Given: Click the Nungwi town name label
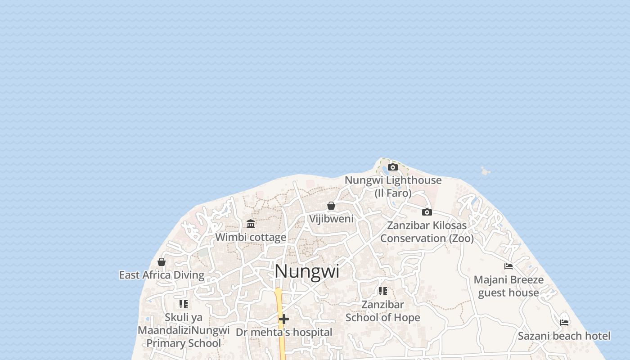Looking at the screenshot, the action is pyautogui.click(x=307, y=271).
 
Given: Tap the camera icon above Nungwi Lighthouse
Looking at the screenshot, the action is pyautogui.click(x=393, y=167).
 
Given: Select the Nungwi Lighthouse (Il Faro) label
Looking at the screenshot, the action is pyautogui.click(x=393, y=186).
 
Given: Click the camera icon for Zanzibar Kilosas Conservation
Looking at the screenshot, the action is pyautogui.click(x=427, y=212).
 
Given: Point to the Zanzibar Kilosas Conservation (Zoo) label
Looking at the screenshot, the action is pyautogui.click(x=427, y=231).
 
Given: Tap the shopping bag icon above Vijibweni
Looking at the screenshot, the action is pyautogui.click(x=331, y=206).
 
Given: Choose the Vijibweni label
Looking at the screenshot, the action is pyautogui.click(x=331, y=219).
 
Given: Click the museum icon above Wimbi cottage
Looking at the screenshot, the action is pyautogui.click(x=251, y=224).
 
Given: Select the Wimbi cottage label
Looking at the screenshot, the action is pyautogui.click(x=251, y=237).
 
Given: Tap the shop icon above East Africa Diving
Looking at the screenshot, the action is pyautogui.click(x=162, y=261).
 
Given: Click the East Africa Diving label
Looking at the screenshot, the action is pyautogui.click(x=162, y=275).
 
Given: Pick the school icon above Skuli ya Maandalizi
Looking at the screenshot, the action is pyautogui.click(x=183, y=304).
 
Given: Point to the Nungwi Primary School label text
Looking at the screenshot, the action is pyautogui.click(x=184, y=343).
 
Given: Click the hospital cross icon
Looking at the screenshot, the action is pyautogui.click(x=284, y=319).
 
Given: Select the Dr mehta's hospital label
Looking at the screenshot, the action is pyautogui.click(x=284, y=333).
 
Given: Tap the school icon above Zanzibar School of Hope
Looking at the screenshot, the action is pyautogui.click(x=383, y=291).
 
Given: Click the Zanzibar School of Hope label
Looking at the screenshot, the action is pyautogui.click(x=383, y=311).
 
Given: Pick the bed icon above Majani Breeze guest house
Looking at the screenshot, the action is pyautogui.click(x=508, y=266).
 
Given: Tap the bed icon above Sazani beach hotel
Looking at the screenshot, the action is pyautogui.click(x=564, y=322).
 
